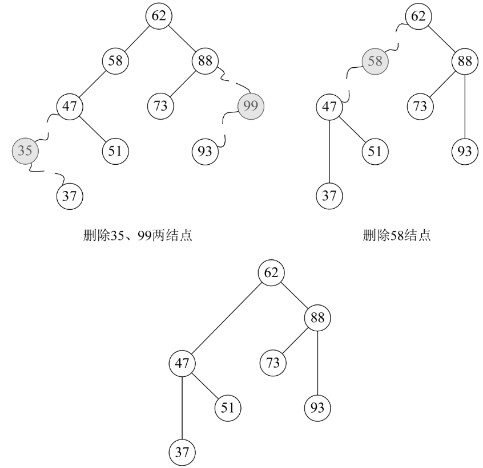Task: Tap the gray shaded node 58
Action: click(x=375, y=61)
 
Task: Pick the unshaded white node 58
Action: click(x=115, y=61)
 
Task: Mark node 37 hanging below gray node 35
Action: click(x=70, y=196)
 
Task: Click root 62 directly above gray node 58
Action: click(x=418, y=16)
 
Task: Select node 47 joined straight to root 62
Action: click(x=182, y=363)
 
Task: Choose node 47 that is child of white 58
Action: click(x=70, y=106)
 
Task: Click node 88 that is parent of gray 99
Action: click(x=204, y=61)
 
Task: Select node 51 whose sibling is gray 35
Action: click(x=115, y=151)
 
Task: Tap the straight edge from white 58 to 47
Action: click(x=93, y=83)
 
